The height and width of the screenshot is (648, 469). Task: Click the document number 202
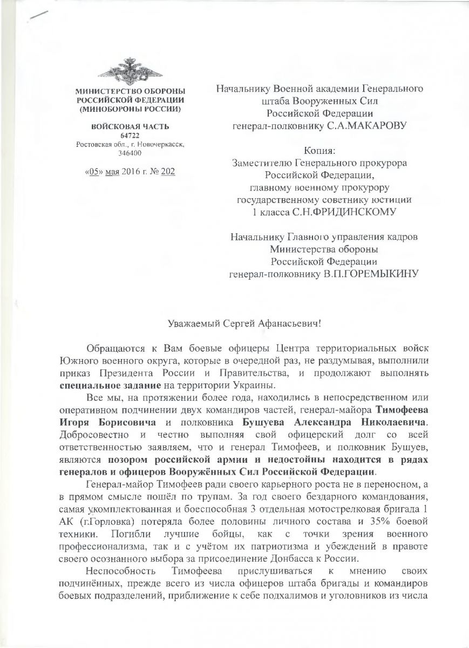tap(168, 172)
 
